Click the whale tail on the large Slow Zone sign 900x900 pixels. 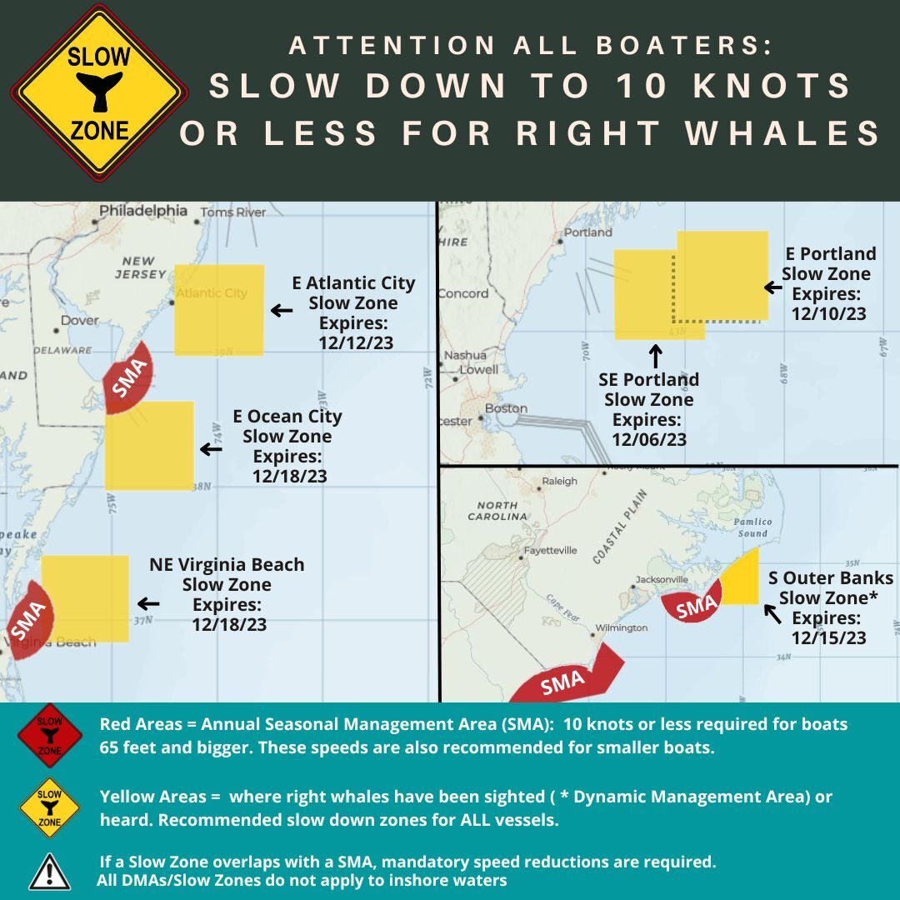tap(98, 91)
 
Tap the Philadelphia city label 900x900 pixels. tap(143, 211)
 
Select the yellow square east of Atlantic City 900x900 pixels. tap(219, 309)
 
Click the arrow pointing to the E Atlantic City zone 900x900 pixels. tap(282, 311)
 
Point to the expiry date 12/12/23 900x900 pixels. tap(356, 342)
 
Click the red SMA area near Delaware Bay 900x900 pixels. tap(127, 377)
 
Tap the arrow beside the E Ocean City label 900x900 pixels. tap(211, 449)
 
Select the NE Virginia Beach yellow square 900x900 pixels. tap(85, 597)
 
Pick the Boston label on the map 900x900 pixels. tap(506, 408)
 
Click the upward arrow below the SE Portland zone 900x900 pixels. tap(655, 356)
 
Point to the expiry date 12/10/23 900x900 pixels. tap(828, 314)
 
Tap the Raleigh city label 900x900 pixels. tap(559, 481)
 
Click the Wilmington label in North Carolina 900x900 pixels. tap(621, 627)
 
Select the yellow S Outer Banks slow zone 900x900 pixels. tap(742, 580)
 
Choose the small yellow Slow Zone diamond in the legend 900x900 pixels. tap(50, 807)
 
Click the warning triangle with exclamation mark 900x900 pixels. tap(50, 871)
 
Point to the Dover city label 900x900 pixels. tap(80, 320)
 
